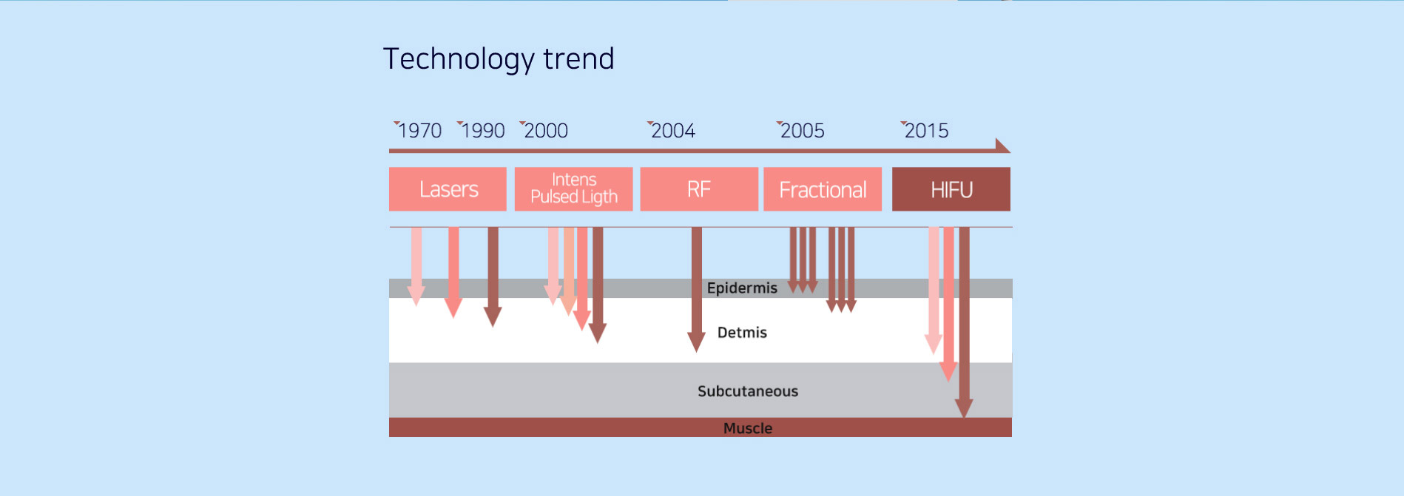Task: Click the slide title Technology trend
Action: [499, 59]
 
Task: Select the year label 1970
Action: [419, 131]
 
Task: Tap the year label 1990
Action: [482, 131]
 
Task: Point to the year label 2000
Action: [546, 131]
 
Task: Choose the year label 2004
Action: [673, 131]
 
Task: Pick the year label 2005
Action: [802, 131]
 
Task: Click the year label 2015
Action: [926, 131]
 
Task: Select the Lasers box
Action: [448, 189]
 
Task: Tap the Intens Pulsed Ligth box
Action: [573, 189]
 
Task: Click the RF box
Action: [699, 189]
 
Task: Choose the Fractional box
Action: [823, 189]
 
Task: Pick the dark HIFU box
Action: [951, 189]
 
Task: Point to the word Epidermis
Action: [742, 288]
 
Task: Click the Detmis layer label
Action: [742, 333]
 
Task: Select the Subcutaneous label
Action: [748, 391]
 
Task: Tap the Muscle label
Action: [748, 428]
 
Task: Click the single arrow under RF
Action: [696, 290]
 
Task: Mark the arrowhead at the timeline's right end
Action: [1002, 146]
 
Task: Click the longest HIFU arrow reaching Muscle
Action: [964, 322]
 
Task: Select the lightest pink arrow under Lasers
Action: [416, 266]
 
